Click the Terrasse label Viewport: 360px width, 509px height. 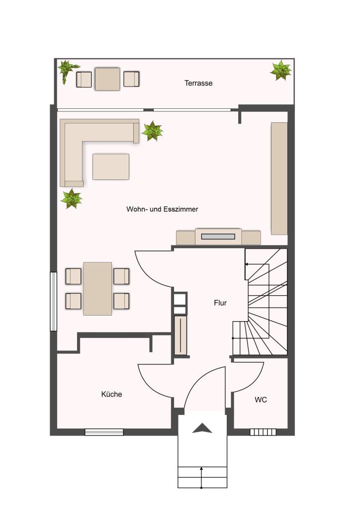198,83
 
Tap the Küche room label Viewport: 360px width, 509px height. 112,394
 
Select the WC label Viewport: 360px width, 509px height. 261,400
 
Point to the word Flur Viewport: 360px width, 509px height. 220,303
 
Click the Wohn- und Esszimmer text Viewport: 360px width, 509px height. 162,209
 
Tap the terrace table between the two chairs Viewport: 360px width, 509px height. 107,79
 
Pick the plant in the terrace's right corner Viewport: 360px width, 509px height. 281,70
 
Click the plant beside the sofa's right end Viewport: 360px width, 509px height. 152,131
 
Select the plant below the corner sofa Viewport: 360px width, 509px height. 72,199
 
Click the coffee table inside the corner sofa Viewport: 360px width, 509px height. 111,167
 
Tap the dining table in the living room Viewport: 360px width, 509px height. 97,289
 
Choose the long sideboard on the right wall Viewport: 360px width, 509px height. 279,178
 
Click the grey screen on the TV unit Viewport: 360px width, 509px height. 218,236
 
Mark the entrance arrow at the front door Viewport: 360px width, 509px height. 202,428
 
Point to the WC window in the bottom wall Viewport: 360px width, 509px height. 263,432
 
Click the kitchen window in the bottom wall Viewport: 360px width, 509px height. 104,432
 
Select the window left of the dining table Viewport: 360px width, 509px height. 53,302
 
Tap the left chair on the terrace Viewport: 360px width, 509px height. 84,80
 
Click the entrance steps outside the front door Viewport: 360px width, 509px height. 202,477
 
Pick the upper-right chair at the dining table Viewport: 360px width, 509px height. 121,276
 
